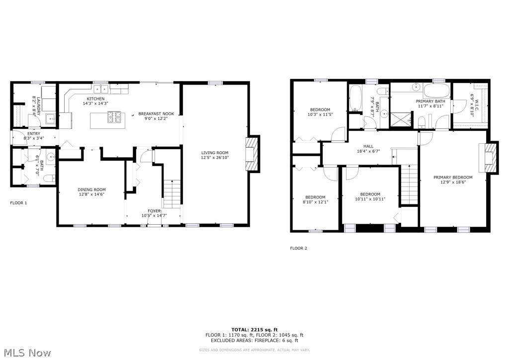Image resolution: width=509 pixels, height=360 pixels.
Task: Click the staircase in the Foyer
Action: click(x=171, y=194)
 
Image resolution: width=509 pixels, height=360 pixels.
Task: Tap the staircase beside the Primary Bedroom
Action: click(x=409, y=185)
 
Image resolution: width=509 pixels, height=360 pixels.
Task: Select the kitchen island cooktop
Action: click(x=115, y=118)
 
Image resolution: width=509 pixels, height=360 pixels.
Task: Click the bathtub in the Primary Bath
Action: click(x=437, y=91)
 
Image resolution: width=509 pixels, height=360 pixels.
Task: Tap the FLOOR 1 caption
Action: click(x=19, y=203)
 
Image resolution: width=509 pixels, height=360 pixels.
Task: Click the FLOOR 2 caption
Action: click(x=299, y=248)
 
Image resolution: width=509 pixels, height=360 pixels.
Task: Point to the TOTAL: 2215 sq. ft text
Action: click(x=254, y=330)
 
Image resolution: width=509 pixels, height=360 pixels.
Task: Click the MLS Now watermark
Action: click(x=26, y=354)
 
